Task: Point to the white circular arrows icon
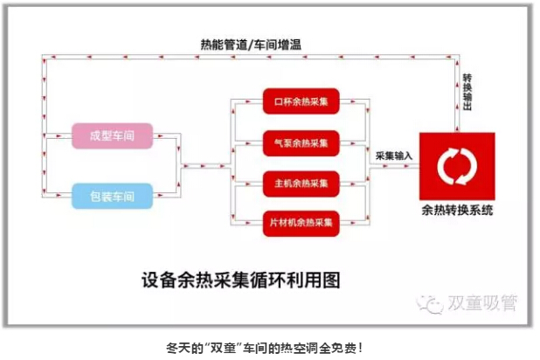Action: pyautogui.click(x=456, y=163)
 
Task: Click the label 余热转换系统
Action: pyautogui.click(x=456, y=211)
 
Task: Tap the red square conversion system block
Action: pyautogui.click(x=456, y=165)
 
